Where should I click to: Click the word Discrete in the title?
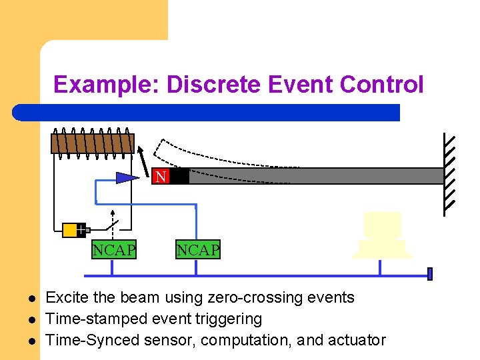214,85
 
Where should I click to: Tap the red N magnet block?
161,177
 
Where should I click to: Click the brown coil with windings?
93,143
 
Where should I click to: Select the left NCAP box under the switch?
114,250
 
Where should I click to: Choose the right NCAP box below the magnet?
197,250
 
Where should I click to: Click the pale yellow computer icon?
382,235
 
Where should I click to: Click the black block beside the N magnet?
179,177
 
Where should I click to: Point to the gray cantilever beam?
313,176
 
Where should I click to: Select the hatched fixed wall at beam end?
450,175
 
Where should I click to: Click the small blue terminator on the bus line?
430,273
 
